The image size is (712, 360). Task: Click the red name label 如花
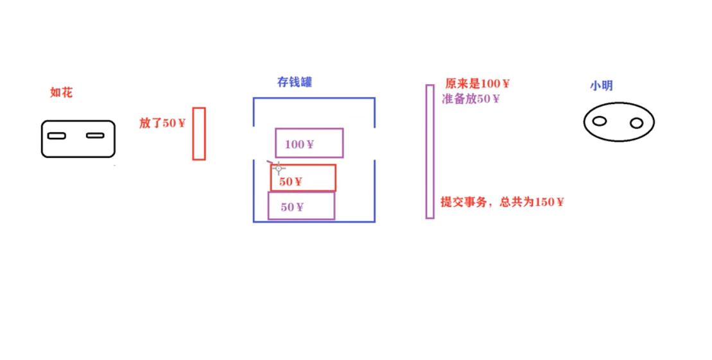(62, 92)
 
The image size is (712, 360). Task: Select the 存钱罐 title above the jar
(295, 82)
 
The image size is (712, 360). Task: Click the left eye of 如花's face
(56, 135)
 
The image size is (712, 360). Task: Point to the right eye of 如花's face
(95, 135)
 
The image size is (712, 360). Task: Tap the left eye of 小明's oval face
(600, 121)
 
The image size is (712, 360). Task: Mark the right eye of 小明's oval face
(636, 123)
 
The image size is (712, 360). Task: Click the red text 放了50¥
(162, 123)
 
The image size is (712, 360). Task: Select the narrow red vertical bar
(199, 133)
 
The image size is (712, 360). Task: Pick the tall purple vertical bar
(430, 151)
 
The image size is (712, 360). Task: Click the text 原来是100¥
(478, 84)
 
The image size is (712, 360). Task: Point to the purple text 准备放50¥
(471, 99)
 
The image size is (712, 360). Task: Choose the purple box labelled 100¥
(309, 143)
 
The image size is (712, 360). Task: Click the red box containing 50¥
(303, 178)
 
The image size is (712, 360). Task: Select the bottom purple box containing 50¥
(301, 206)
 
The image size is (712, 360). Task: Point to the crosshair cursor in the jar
(279, 169)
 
